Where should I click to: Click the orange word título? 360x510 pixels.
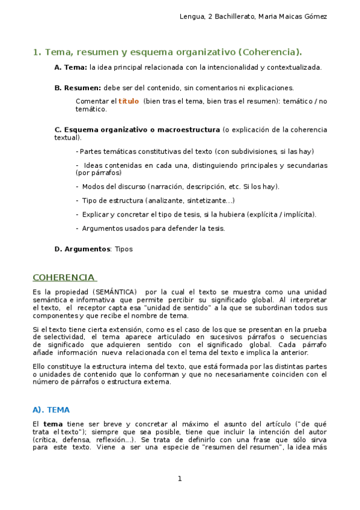click(x=128, y=102)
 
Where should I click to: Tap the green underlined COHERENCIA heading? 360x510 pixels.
click(x=64, y=277)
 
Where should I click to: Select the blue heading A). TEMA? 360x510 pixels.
click(x=51, y=410)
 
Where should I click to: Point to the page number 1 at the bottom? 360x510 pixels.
click(x=179, y=479)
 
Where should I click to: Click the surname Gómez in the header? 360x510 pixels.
click(x=313, y=16)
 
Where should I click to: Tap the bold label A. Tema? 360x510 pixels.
click(x=71, y=67)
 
